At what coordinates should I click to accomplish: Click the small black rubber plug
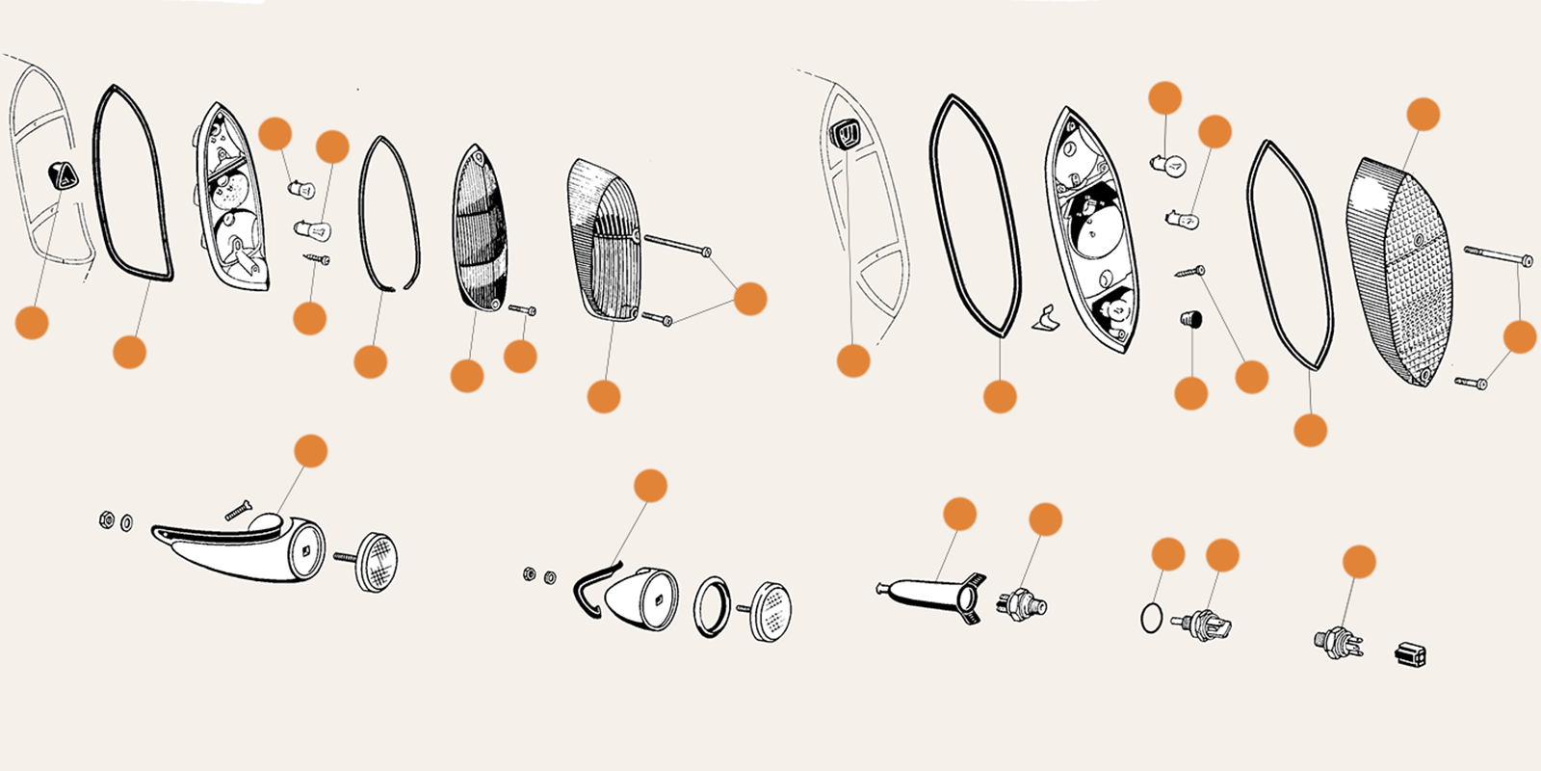tap(1191, 318)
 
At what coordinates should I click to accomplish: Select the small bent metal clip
tap(1045, 318)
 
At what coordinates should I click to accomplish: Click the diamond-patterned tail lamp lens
tap(1401, 270)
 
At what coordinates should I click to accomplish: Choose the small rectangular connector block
tap(1409, 655)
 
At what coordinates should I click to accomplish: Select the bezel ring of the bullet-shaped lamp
tap(712, 606)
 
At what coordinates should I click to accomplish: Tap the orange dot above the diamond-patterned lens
tap(1423, 114)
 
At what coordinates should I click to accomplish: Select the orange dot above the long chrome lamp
tap(310, 450)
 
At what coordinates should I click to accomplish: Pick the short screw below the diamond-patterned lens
tap(1472, 383)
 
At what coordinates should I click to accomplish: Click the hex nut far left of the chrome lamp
tap(106, 520)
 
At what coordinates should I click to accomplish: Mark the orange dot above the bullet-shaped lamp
tap(650, 486)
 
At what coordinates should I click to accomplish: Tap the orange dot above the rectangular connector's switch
tap(1358, 561)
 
